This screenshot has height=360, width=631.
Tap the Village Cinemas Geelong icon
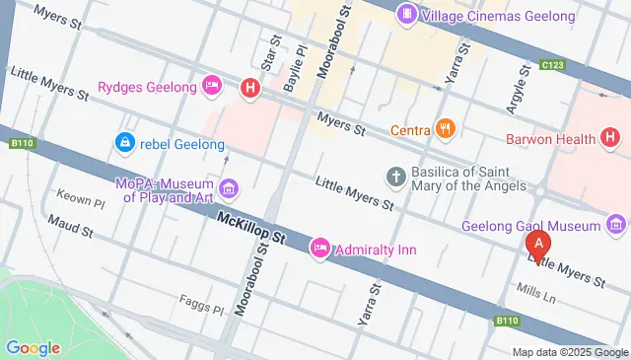(x=405, y=15)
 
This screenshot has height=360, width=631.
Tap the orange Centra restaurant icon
(x=446, y=129)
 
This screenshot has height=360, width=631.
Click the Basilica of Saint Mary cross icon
(x=395, y=177)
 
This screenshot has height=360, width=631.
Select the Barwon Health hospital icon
(x=610, y=139)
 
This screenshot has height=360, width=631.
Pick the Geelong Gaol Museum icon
(x=617, y=226)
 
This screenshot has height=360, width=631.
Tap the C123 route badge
(x=553, y=66)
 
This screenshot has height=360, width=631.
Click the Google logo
(x=33, y=347)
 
